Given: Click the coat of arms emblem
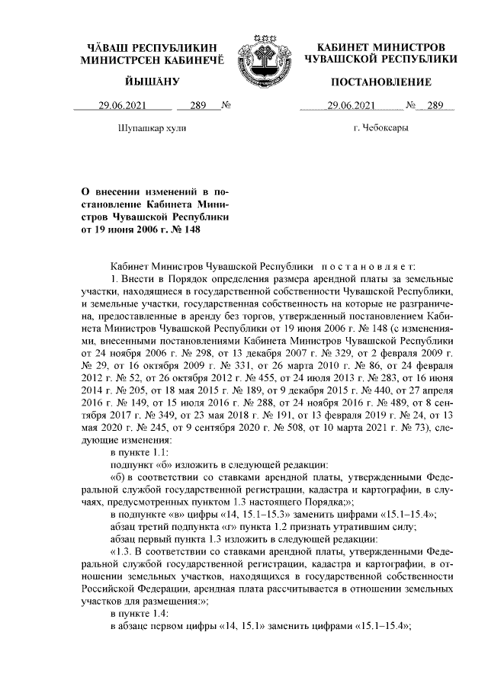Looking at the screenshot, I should click(261, 55).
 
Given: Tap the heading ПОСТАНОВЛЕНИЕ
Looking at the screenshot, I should click(381, 82).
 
